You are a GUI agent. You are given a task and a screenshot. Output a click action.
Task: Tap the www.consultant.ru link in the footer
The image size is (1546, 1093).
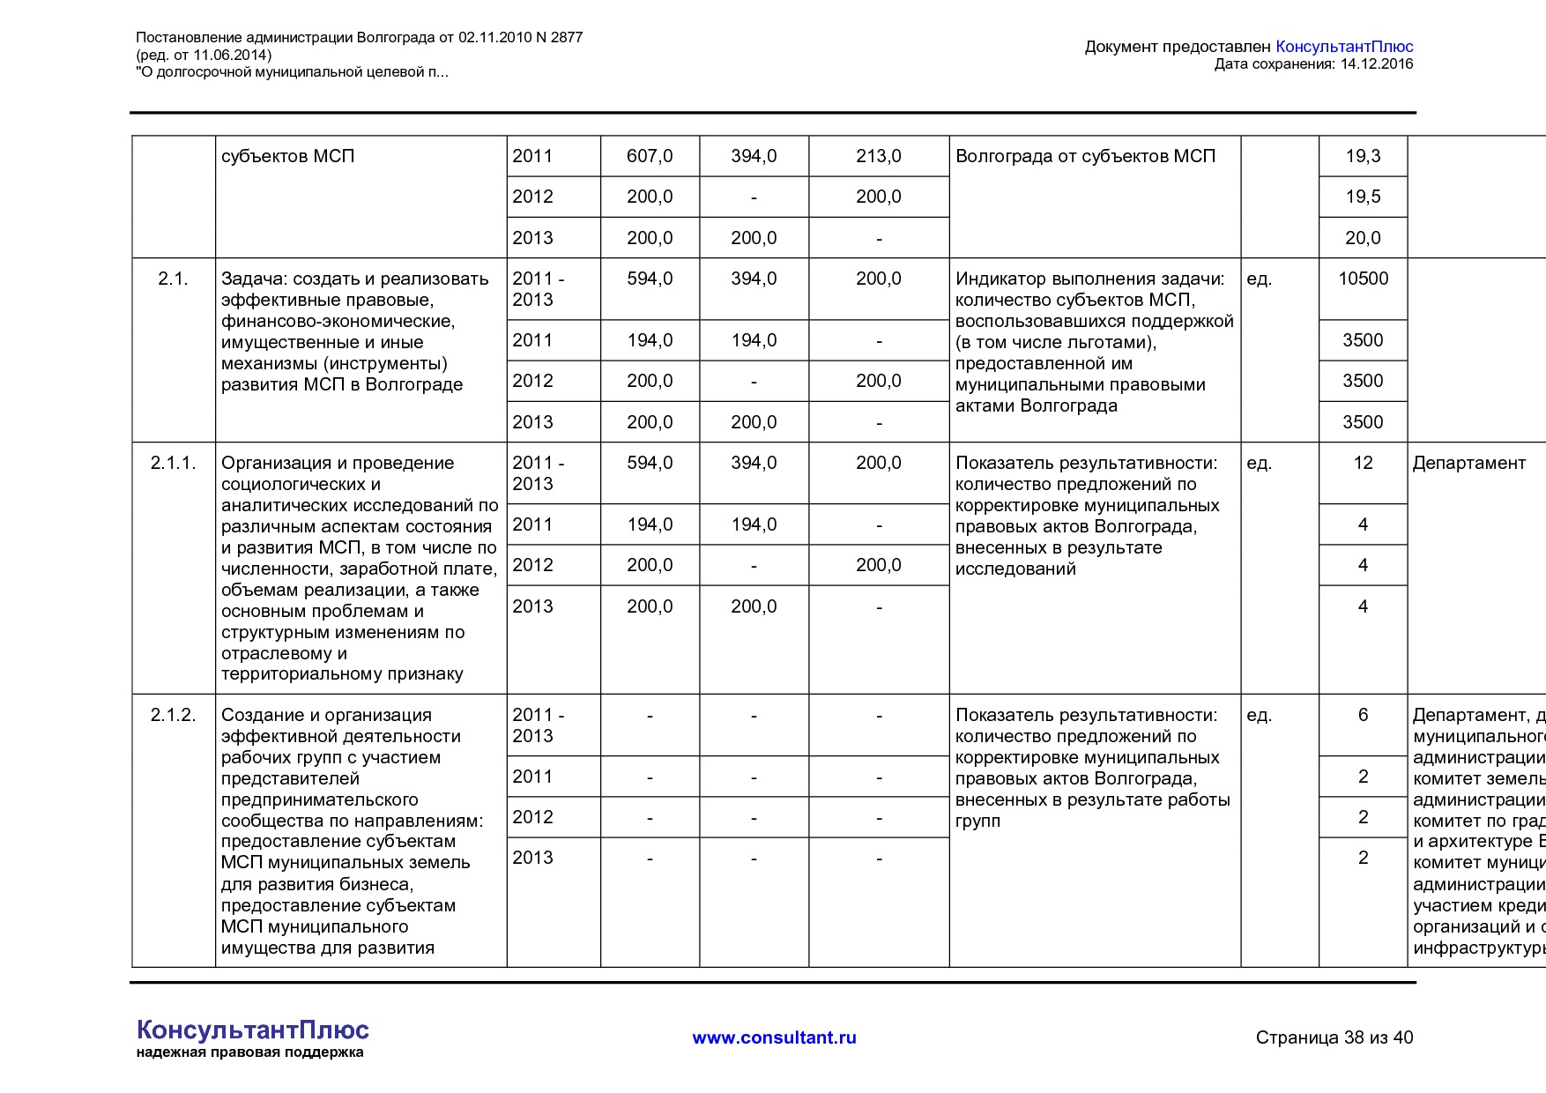[774, 1037]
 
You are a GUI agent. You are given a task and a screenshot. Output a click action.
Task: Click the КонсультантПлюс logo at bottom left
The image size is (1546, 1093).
[252, 1030]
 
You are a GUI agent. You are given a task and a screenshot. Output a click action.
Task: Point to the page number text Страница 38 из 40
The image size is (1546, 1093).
[1334, 1037]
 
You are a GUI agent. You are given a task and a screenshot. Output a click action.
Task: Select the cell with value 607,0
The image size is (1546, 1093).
[650, 156]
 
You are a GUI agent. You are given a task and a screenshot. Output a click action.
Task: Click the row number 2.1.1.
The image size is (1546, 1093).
[173, 463]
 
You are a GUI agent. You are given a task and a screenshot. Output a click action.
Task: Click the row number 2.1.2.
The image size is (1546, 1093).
[173, 715]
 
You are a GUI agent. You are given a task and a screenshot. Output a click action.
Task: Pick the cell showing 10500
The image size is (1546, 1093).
[1363, 279]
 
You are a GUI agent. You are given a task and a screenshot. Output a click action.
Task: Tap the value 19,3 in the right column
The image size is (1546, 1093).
[1363, 156]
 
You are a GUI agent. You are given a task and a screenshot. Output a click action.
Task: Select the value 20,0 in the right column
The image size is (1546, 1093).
[1363, 238]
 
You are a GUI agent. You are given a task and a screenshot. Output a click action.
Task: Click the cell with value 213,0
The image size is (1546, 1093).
[878, 156]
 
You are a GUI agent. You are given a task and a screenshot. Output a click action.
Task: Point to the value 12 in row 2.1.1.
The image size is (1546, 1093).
[1363, 463]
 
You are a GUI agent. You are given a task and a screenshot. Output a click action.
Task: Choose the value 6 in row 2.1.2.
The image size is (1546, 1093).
[1363, 715]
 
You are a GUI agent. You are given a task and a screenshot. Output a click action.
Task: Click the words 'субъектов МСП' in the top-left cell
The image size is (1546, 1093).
[287, 156]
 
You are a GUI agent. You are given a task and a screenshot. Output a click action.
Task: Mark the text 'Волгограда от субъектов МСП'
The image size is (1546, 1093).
[1085, 156]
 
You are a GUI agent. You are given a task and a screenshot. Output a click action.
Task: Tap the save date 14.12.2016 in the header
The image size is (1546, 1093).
[1376, 64]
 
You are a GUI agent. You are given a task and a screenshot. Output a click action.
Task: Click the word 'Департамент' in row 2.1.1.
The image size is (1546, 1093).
[1468, 463]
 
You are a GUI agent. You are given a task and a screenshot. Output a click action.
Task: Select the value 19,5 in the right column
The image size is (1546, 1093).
[1363, 197]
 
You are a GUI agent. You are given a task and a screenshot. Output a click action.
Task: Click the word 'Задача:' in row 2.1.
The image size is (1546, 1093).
[254, 279]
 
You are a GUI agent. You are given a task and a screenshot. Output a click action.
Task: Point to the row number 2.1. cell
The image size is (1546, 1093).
[173, 279]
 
